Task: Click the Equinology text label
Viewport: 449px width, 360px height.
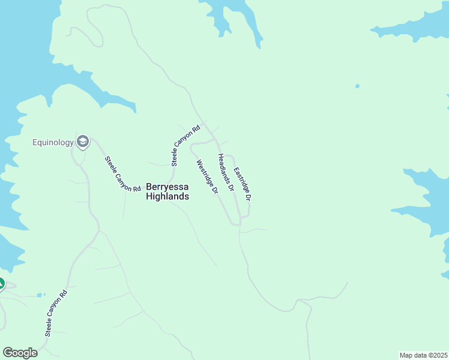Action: tap(53, 142)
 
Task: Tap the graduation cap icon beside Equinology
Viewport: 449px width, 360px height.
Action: tap(83, 142)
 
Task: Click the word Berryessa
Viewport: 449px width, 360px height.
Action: tap(167, 187)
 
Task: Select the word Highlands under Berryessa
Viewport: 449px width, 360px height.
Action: tap(167, 196)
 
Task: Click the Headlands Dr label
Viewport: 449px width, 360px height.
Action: tap(226, 172)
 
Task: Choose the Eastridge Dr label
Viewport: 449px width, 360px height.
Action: tap(242, 184)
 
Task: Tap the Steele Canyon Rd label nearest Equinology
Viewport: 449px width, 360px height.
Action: tap(118, 174)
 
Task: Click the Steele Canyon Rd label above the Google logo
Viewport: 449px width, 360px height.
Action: tap(56, 311)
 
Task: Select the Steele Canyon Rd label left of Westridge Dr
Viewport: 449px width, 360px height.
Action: tap(185, 146)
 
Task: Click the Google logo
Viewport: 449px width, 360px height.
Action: tap(20, 353)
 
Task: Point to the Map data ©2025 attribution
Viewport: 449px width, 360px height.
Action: tap(423, 355)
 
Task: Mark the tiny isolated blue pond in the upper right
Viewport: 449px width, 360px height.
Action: tap(357, 86)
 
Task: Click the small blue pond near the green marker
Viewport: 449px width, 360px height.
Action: tap(40, 295)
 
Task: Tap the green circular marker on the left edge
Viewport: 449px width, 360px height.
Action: tap(1, 284)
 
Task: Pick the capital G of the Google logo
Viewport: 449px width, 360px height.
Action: tap(8, 352)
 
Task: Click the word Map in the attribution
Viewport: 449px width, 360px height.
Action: tap(406, 355)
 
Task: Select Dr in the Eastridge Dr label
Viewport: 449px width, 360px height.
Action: tap(247, 195)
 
